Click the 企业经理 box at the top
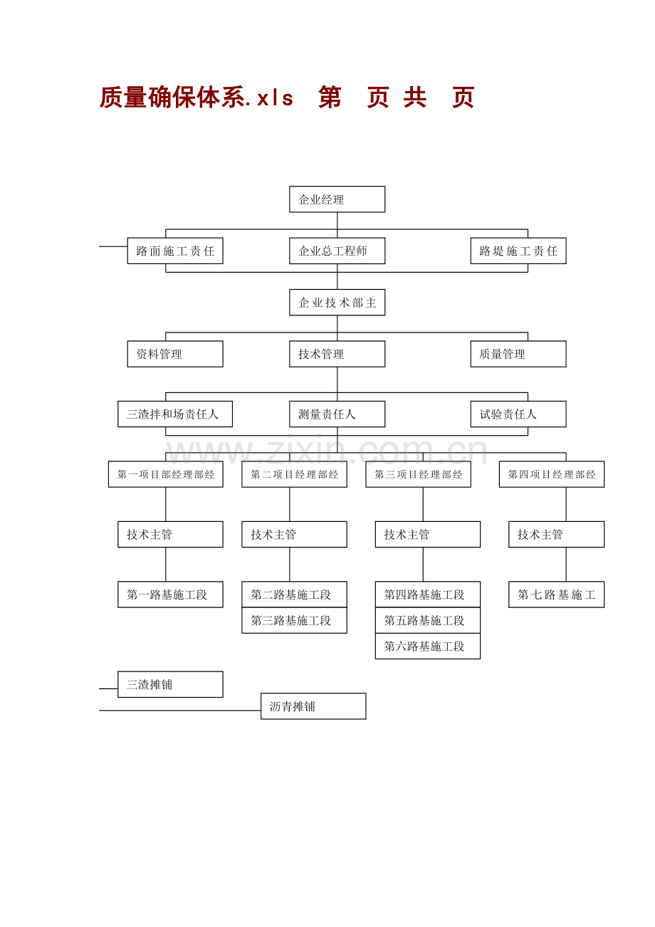pos(337,199)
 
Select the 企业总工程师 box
pos(337,251)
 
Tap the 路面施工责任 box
pos(175,251)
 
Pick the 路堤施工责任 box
pos(518,251)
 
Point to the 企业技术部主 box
pos(337,303)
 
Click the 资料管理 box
pos(175,354)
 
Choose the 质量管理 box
pos(518,354)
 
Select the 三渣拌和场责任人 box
pos(175,414)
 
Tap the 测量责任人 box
pos(337,414)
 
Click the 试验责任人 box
pos(518,414)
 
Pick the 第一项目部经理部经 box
pos(165,474)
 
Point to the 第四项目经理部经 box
pos(552,474)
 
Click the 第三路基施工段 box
pos(294,620)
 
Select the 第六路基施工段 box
pos(427,646)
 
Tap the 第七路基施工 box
pos(556,595)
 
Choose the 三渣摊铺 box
pos(170,684)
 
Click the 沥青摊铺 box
pos(313,706)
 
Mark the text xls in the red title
pos(275,98)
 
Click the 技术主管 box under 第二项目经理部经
pos(294,534)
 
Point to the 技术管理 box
pos(337,354)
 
